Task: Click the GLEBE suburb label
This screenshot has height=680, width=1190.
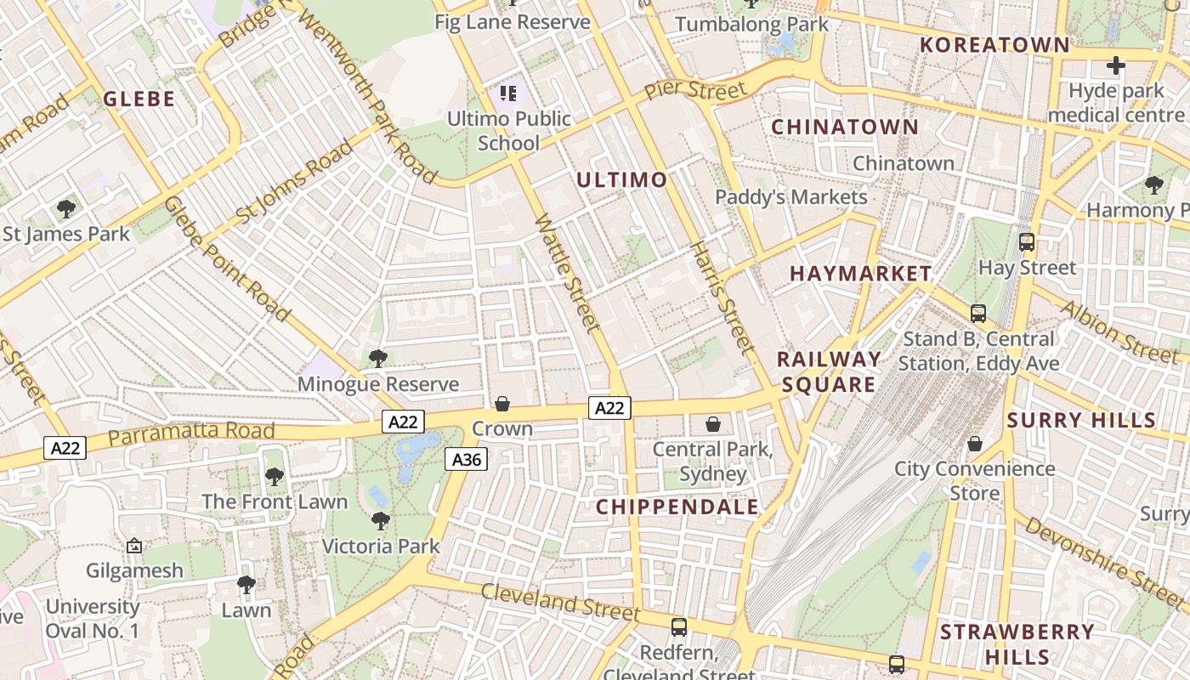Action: pos(139,99)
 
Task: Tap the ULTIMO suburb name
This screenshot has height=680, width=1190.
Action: pos(622,180)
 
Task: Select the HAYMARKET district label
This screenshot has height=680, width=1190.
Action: pos(860,274)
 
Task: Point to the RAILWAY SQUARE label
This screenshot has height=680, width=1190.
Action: pos(829,372)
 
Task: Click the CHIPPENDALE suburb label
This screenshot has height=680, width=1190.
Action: pos(677,507)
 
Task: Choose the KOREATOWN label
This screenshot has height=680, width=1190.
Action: pos(994,45)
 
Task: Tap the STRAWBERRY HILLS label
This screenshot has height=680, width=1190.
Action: pos(1017,644)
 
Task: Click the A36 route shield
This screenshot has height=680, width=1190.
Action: pos(466,460)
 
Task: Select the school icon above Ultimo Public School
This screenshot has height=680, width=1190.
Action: pos(508,93)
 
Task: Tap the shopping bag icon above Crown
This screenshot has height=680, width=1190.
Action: pos(502,403)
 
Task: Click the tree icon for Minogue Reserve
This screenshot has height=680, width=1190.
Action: pos(378,359)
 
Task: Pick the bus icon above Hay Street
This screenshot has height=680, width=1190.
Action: pos(1027,242)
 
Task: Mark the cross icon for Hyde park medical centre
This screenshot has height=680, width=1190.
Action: pos(1115,65)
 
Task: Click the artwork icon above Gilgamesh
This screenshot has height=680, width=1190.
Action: pos(133,546)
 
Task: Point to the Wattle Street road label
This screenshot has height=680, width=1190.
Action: pos(568,273)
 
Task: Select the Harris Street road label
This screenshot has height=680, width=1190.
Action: pos(722,297)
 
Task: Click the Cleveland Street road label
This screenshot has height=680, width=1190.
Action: pos(560,602)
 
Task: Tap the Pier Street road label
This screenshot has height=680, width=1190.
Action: pos(694,89)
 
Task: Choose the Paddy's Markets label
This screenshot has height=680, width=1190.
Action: pos(790,197)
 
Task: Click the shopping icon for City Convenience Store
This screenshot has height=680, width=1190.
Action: pos(975,444)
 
